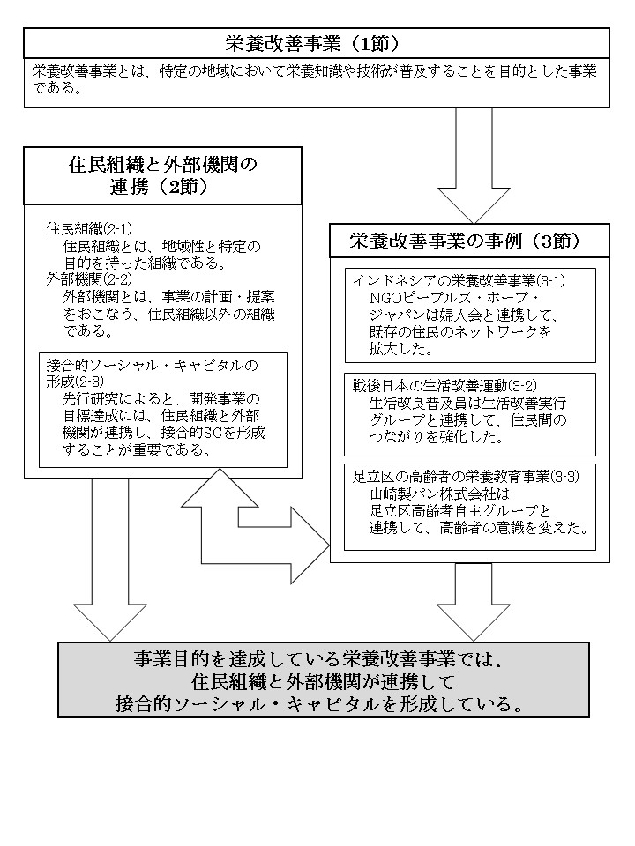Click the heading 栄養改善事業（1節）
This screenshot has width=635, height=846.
pos(316,43)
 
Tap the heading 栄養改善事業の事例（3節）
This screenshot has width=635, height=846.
pos(468,239)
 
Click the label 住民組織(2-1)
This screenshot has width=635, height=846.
pos(89,228)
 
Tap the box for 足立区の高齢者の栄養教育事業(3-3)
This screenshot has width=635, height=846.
pos(469,506)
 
